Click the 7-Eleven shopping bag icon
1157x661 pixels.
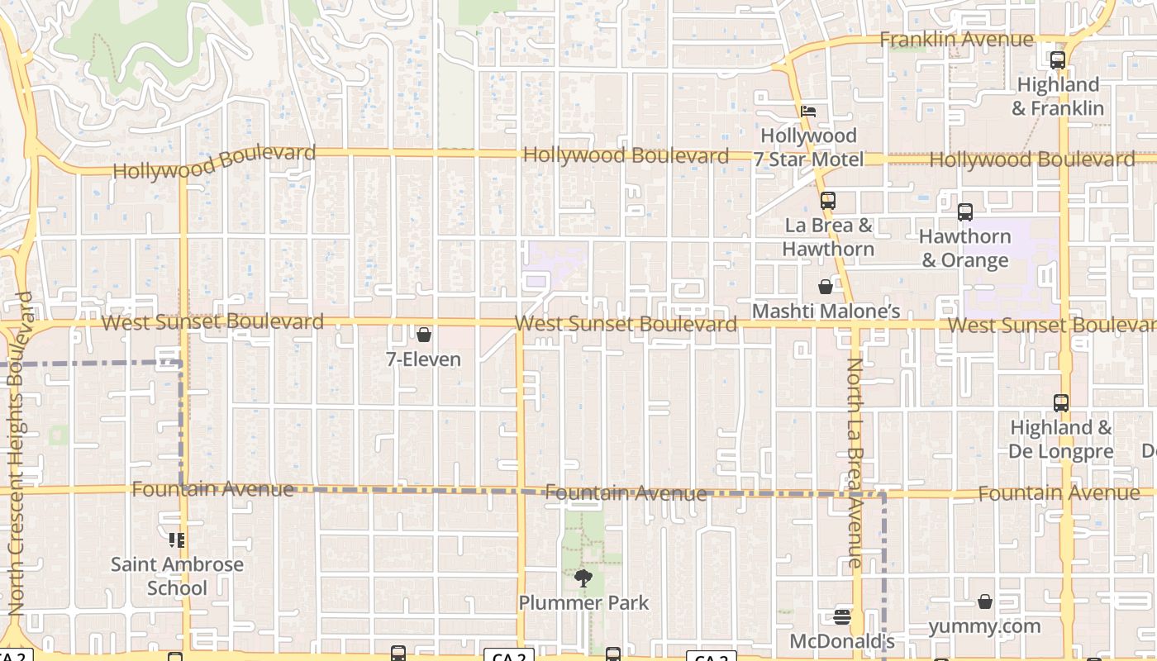[x=424, y=335]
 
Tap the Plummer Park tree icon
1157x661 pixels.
[x=583, y=578]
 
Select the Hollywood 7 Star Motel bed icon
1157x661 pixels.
[x=808, y=111]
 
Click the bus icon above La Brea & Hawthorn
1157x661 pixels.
[x=828, y=200]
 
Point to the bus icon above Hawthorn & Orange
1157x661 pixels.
[x=964, y=212]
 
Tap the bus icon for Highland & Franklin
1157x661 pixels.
[x=1058, y=59]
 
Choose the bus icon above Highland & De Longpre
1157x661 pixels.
[x=1061, y=403]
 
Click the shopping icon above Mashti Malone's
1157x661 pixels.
[x=825, y=287]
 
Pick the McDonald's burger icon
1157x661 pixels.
[x=842, y=616]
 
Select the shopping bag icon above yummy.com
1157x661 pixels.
[x=985, y=602]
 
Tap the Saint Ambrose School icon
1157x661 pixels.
[x=177, y=540]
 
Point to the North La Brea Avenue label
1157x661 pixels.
[x=855, y=463]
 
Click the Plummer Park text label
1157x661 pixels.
[x=583, y=603]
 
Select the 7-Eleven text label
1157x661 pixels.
[x=424, y=359]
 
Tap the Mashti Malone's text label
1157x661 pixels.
[x=826, y=311]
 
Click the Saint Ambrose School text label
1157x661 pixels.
[x=178, y=577]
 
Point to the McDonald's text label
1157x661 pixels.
[x=842, y=641]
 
